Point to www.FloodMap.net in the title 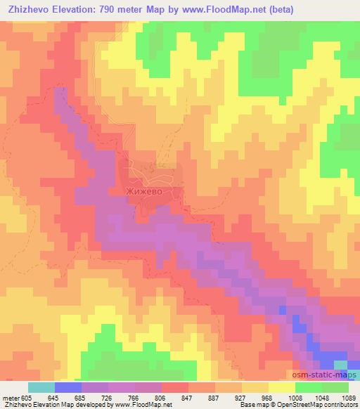click(216, 10)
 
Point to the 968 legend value click(267, 398)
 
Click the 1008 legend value click(295, 398)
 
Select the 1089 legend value click(349, 398)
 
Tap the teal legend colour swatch click(41, 387)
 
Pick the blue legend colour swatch click(68, 387)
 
